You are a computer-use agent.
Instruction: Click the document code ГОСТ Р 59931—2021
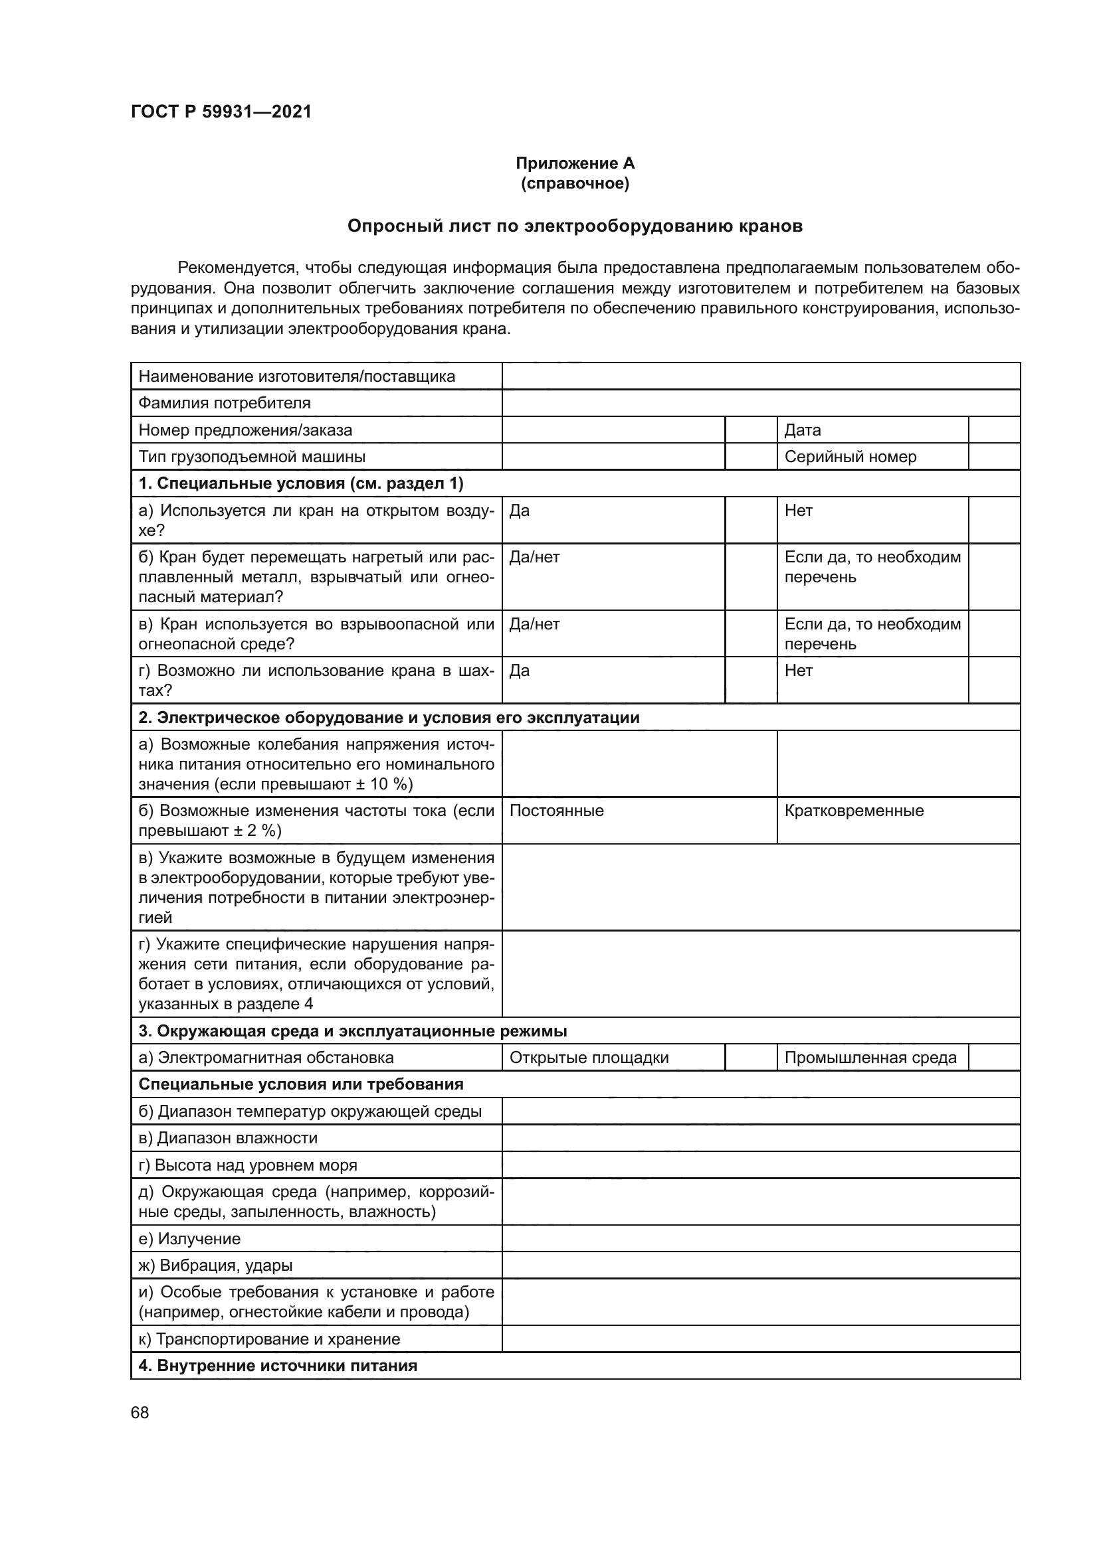tap(221, 112)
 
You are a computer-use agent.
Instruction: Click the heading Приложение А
tap(575, 163)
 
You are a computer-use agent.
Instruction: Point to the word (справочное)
tap(575, 184)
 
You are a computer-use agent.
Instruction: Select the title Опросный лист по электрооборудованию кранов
tap(575, 226)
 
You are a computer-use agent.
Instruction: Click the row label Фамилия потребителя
tap(225, 403)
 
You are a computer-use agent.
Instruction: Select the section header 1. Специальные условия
tap(300, 483)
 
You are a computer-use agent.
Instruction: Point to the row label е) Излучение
tap(189, 1238)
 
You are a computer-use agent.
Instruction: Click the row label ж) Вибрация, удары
tap(215, 1266)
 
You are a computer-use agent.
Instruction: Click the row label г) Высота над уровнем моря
tap(248, 1165)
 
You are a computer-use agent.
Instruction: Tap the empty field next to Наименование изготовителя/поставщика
tap(760, 376)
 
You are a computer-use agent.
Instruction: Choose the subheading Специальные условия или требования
tap(300, 1084)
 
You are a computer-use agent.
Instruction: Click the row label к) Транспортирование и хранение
tap(269, 1339)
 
